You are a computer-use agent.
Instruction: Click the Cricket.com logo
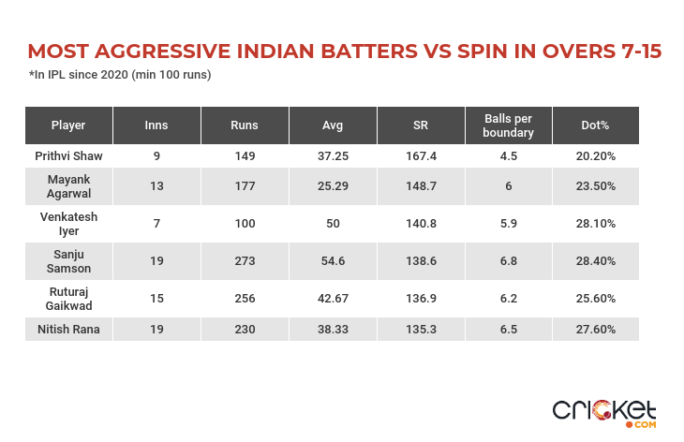pyautogui.click(x=604, y=412)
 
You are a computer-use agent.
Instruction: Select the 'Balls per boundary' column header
pyautogui.click(x=509, y=125)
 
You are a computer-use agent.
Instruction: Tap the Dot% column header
pyautogui.click(x=596, y=125)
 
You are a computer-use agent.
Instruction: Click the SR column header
pyautogui.click(x=421, y=125)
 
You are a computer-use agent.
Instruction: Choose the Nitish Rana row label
pyautogui.click(x=68, y=330)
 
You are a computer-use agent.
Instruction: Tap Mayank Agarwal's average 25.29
pyautogui.click(x=333, y=186)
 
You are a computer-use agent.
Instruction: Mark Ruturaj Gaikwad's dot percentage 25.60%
pyautogui.click(x=596, y=299)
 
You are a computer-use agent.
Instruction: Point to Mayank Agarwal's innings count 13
pyautogui.click(x=156, y=186)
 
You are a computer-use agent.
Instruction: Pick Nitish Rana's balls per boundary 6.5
pyautogui.click(x=509, y=330)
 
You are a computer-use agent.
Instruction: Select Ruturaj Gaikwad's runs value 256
pyautogui.click(x=245, y=299)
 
